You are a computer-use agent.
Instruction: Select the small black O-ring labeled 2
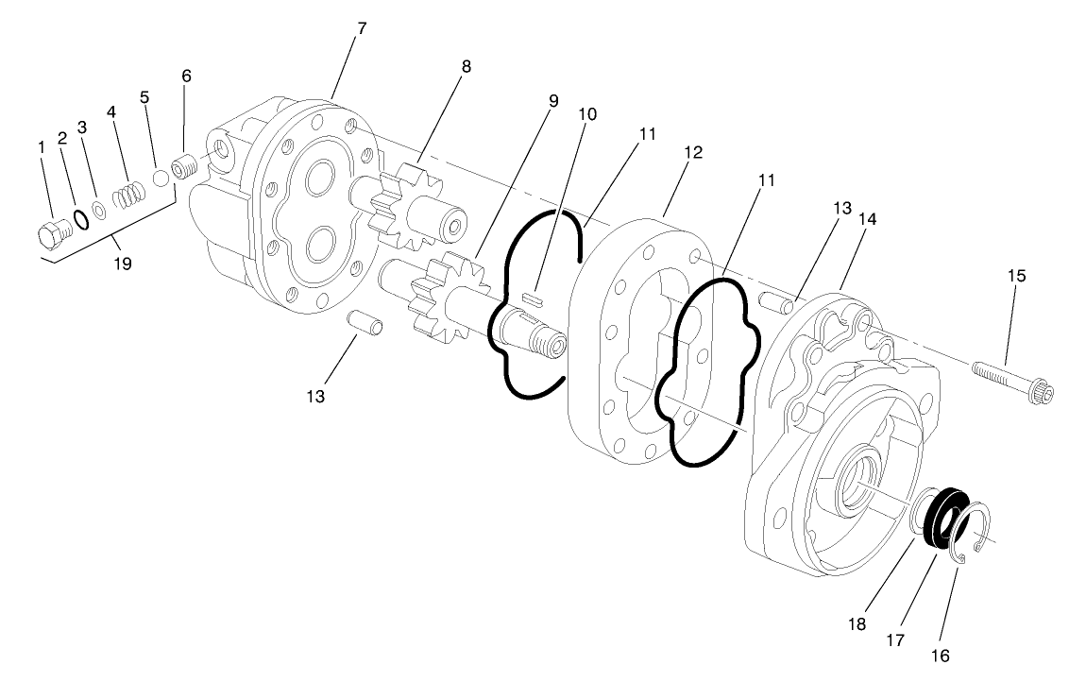(82, 219)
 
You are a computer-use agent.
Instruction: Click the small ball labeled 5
(161, 179)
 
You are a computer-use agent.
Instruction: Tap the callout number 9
(552, 100)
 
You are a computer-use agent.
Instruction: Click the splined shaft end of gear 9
(546, 337)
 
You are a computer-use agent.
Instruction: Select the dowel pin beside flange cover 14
(774, 302)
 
